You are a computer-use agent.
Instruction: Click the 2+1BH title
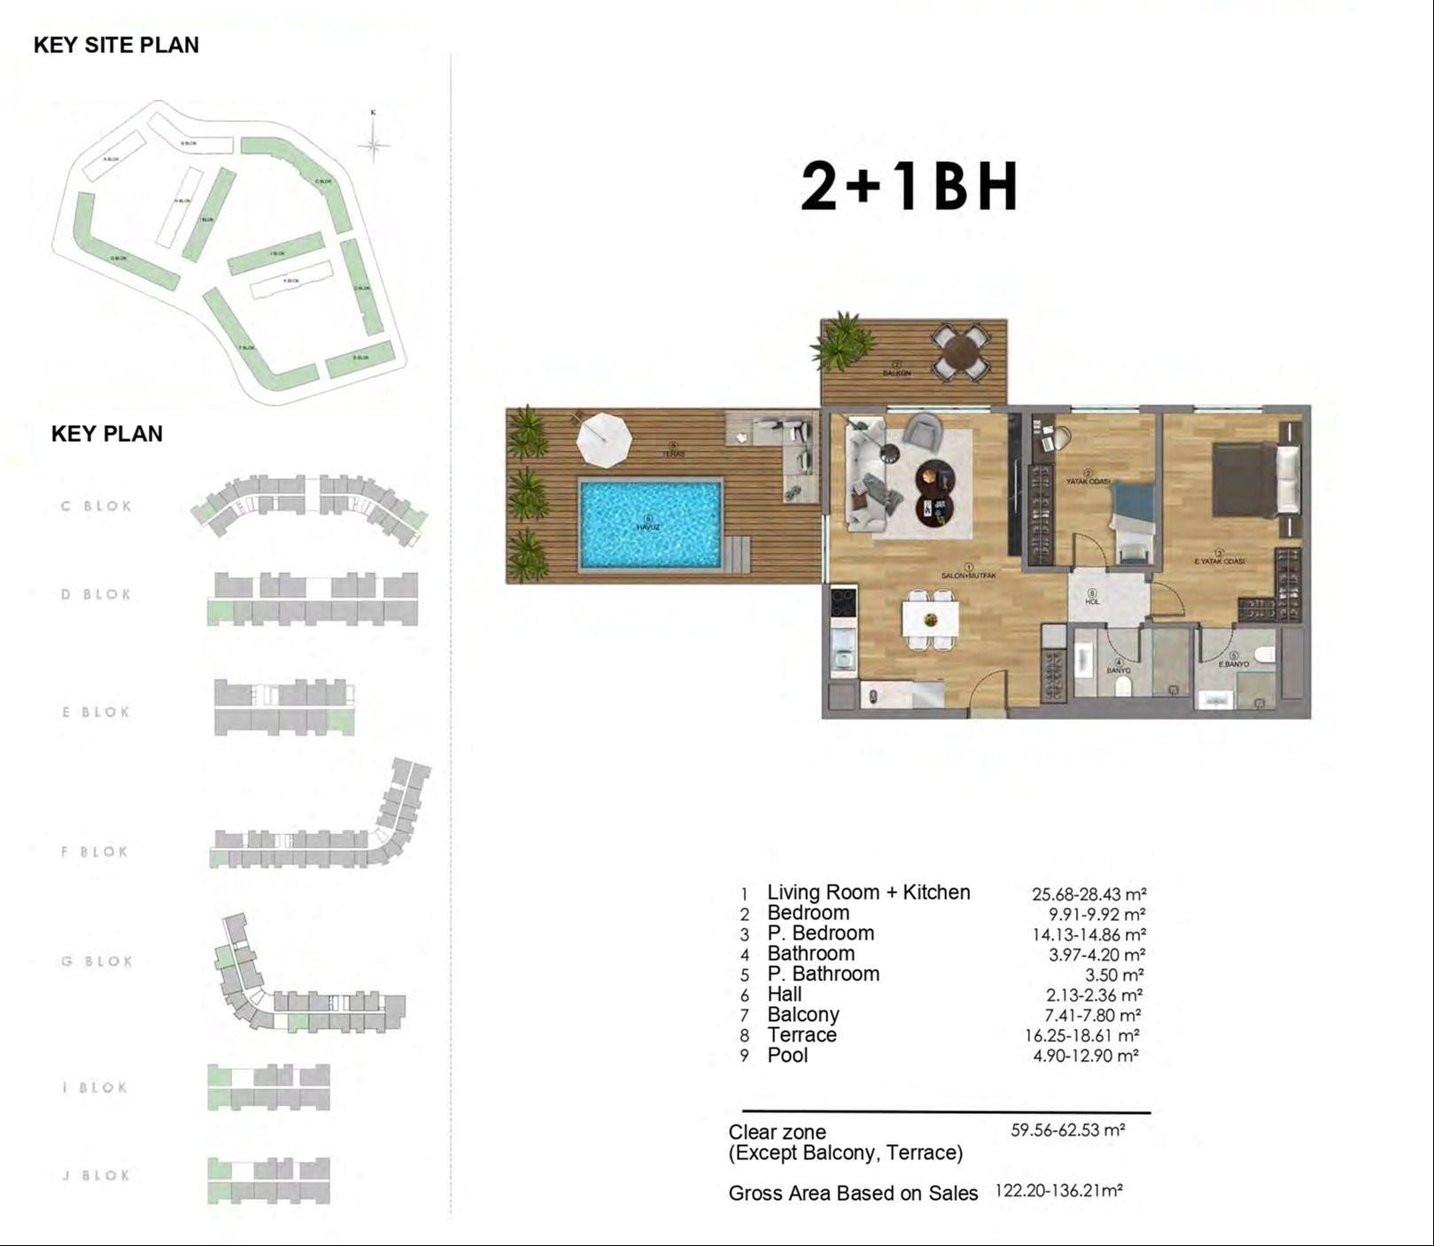pos(910,188)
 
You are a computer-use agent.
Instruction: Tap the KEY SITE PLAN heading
pos(116,45)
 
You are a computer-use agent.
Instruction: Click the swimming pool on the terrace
pos(650,523)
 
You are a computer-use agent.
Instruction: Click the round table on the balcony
pos(961,352)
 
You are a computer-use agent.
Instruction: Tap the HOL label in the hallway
pos(1092,601)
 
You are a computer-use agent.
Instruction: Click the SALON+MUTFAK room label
pos(968,576)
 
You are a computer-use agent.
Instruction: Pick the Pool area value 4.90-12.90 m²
pos(1085,1056)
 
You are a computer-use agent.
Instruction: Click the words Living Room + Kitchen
pos(868,893)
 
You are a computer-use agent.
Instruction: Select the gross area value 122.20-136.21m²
pos(1058,1191)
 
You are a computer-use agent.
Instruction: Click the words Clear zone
pos(777,1132)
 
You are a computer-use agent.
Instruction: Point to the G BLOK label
pos(97,962)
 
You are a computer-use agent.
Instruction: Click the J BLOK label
pos(97,1176)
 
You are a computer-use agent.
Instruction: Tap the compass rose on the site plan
pos(375,145)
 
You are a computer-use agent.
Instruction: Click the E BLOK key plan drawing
pos(284,707)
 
